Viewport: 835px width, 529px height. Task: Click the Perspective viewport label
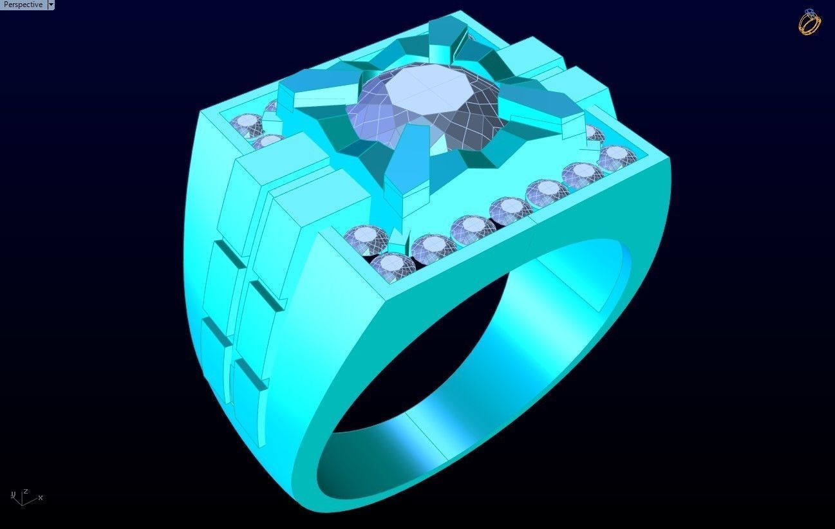coord(23,5)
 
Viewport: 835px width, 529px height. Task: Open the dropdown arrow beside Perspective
coord(51,5)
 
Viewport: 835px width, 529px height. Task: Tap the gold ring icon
coord(809,22)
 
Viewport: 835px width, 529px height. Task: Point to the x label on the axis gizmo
coord(41,497)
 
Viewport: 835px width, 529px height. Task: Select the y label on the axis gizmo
coord(13,494)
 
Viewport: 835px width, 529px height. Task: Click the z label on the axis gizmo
coord(25,491)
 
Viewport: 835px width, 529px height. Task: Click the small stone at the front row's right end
coord(617,156)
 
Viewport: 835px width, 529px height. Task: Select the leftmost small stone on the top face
coord(246,122)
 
